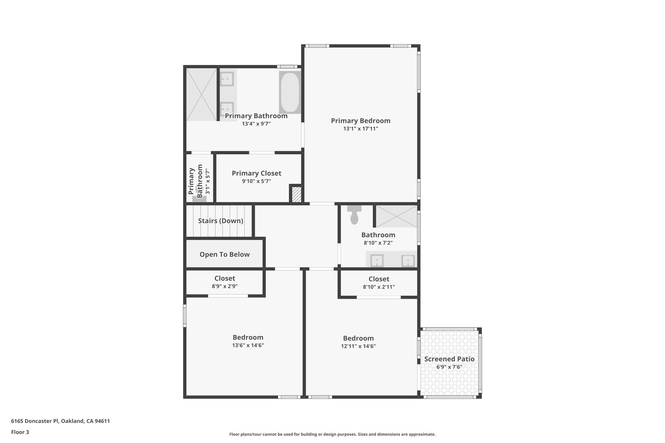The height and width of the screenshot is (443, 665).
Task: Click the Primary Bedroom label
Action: [360, 121]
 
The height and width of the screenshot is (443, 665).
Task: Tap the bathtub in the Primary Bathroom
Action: [290, 92]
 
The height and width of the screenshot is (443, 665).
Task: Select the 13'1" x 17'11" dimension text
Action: [360, 129]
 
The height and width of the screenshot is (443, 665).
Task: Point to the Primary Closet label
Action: [256, 173]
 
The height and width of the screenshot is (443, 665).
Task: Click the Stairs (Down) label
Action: [220, 221]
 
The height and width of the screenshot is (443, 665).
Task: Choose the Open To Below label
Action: [224, 254]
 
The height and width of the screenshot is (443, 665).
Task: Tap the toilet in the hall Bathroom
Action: [354, 215]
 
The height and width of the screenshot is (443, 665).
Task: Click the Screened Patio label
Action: [449, 359]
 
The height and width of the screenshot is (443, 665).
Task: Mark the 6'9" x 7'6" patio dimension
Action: [449, 367]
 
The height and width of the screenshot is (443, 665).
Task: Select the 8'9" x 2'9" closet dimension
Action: [225, 286]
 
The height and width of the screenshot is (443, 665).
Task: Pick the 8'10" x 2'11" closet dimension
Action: [379, 287]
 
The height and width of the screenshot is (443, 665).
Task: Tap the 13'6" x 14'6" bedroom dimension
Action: [248, 345]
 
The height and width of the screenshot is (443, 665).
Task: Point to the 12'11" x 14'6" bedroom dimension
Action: [358, 346]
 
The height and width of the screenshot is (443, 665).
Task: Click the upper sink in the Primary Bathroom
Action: [227, 79]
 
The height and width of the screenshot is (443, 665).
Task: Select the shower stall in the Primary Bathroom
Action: [201, 94]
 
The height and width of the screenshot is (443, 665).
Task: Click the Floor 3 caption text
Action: [20, 432]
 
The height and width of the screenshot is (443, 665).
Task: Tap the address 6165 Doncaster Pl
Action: [60, 421]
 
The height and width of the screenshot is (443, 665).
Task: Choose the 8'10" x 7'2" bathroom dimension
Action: [378, 243]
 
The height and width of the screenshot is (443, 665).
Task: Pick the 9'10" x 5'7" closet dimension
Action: [256, 181]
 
